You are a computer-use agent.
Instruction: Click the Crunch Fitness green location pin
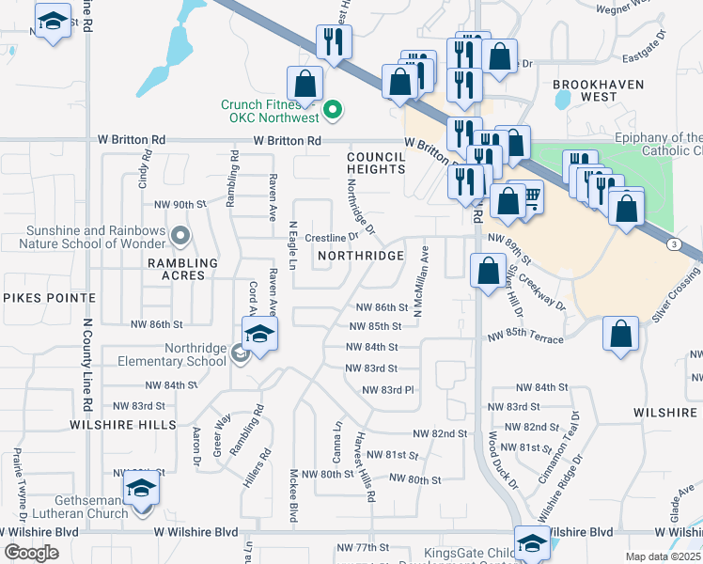[x=332, y=112]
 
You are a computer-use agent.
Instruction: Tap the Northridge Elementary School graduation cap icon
[x=259, y=333]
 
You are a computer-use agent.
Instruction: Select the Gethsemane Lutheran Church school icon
[x=141, y=489]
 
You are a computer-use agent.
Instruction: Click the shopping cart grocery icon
[x=529, y=196]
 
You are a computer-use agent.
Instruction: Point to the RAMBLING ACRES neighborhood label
[x=182, y=269]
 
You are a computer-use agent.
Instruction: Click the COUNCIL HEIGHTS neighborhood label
[x=375, y=164]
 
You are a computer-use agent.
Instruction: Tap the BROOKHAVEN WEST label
[x=598, y=90]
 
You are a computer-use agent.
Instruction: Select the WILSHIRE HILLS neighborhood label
[x=123, y=425]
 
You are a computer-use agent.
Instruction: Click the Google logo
[x=31, y=553]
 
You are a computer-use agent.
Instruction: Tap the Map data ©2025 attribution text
[x=663, y=556]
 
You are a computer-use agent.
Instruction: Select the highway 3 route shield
[x=675, y=244]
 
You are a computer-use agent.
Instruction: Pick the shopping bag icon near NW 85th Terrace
[x=620, y=334]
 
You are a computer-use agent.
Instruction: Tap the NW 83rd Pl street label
[x=387, y=390]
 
